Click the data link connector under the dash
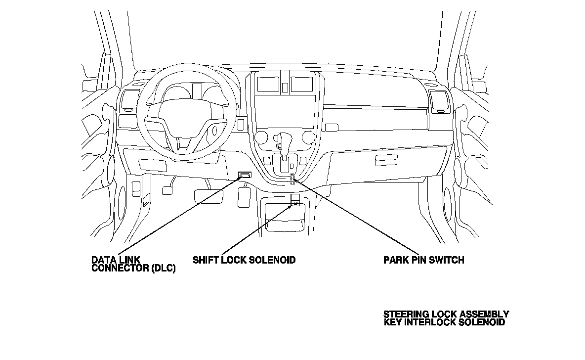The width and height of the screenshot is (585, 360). [x=245, y=175]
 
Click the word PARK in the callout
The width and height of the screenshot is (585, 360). [x=396, y=260]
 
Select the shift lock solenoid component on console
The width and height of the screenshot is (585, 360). [x=295, y=199]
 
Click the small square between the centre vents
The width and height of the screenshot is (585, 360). [x=285, y=88]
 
